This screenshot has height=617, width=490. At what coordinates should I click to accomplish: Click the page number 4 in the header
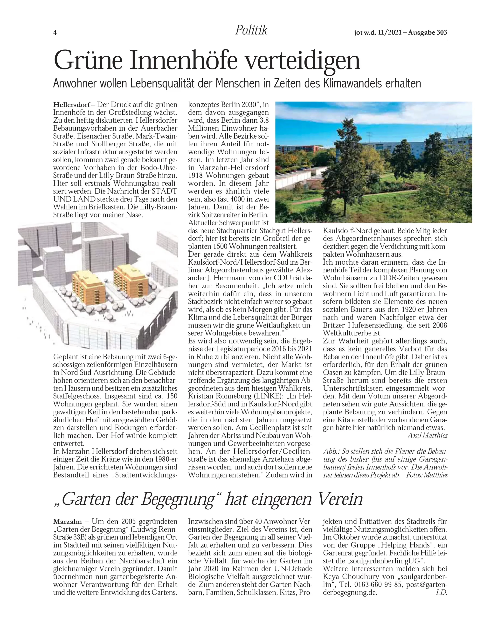click(x=55, y=32)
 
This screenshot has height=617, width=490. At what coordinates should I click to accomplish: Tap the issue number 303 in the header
click(x=442, y=32)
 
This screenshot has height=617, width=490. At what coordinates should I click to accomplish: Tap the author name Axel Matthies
click(x=427, y=436)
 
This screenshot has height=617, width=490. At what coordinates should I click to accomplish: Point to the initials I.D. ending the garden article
click(x=441, y=592)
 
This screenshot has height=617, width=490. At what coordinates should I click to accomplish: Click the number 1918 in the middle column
click(x=196, y=175)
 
